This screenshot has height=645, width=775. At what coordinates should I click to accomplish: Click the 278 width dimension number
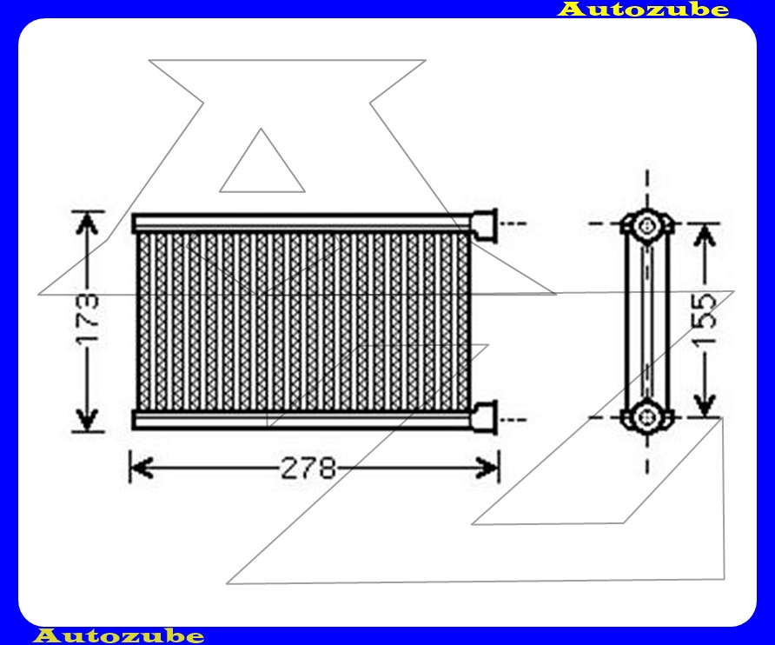[x=308, y=469]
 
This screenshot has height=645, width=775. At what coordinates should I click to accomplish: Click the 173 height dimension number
[x=87, y=322]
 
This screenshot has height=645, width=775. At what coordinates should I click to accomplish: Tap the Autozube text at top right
[x=643, y=10]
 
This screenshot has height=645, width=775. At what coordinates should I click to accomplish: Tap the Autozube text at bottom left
[x=119, y=635]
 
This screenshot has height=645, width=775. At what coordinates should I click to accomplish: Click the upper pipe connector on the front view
[x=483, y=223]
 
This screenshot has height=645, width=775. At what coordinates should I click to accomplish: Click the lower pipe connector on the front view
[x=483, y=416]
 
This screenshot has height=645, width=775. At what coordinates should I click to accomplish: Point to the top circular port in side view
[x=646, y=226]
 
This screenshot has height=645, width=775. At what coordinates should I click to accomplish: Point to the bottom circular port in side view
[x=646, y=416]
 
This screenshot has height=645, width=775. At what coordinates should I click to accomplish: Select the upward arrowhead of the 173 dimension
[x=85, y=223]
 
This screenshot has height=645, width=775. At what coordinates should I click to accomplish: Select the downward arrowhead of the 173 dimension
[x=85, y=419]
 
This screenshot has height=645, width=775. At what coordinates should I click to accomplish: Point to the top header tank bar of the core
[x=300, y=223]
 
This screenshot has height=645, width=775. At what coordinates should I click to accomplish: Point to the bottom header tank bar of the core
[x=300, y=419]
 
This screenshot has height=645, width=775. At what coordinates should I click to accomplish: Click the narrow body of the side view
[x=646, y=322]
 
